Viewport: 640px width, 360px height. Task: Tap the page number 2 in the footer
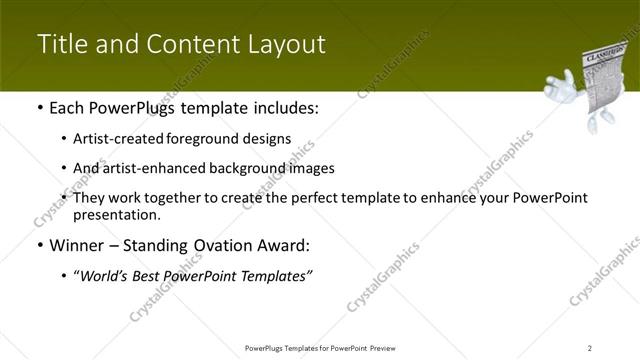pos(589,347)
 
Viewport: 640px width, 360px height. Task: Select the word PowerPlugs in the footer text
pos(264,347)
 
